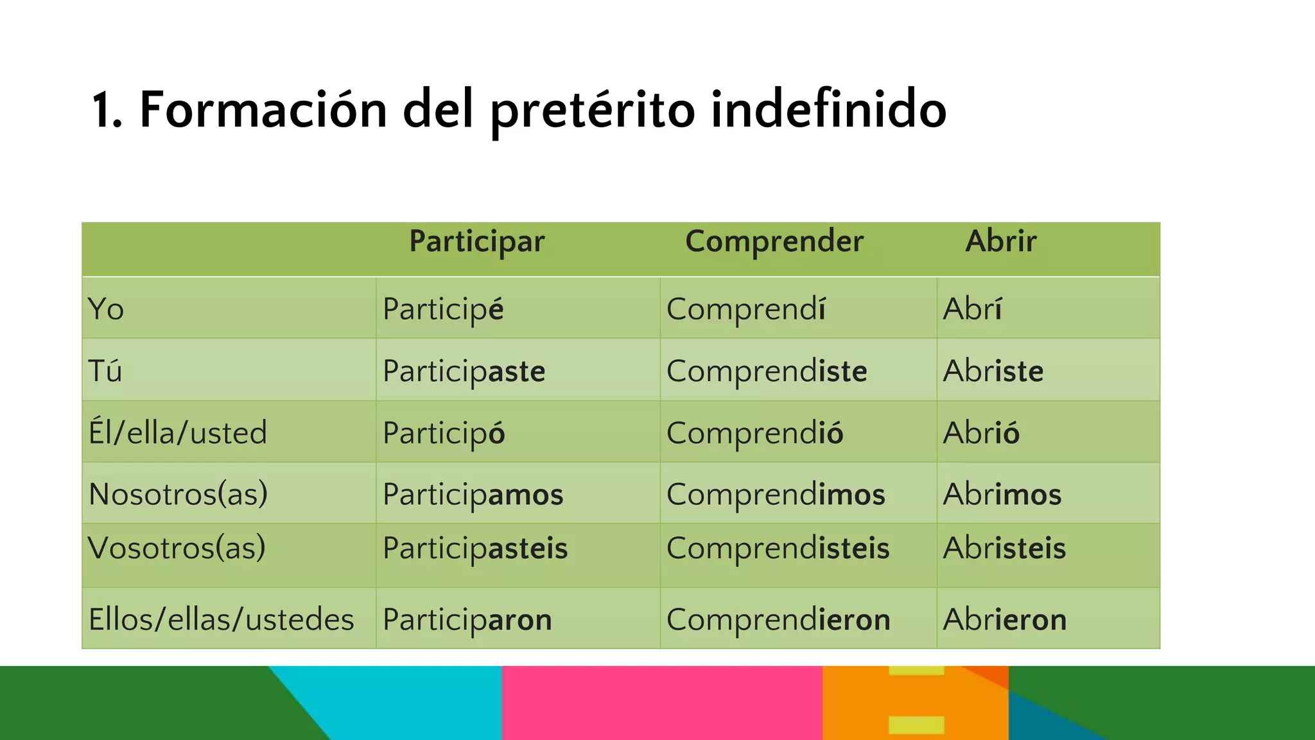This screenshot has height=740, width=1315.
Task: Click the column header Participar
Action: coord(476,242)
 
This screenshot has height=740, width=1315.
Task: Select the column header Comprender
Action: coord(774,242)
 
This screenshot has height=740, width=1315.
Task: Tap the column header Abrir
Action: coord(1000,242)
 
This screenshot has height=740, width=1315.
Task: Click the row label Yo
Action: coord(106,309)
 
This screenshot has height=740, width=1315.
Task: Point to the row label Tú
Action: coord(105,371)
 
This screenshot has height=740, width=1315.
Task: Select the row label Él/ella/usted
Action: coord(177,432)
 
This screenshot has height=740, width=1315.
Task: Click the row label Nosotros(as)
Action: coord(178,494)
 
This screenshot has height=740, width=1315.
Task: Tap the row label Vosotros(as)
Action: coord(177,548)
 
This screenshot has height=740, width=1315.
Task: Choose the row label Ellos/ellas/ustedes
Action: coord(221,620)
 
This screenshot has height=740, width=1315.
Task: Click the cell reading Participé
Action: coord(443,309)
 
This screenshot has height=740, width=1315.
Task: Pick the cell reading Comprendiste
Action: coord(767,371)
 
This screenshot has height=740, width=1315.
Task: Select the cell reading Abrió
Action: coord(980,432)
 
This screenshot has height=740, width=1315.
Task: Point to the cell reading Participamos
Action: coord(473,494)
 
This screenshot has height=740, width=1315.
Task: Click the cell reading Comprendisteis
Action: coord(778,548)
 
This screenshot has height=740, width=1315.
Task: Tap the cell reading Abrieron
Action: coord(1004,620)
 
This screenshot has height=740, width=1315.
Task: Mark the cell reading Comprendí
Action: coord(745,309)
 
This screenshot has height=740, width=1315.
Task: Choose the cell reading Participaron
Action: coord(467,620)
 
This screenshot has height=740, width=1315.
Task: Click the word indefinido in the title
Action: coord(828,109)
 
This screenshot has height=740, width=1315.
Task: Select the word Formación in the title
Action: coord(263,109)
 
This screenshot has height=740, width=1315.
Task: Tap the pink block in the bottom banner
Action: coord(661,703)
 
